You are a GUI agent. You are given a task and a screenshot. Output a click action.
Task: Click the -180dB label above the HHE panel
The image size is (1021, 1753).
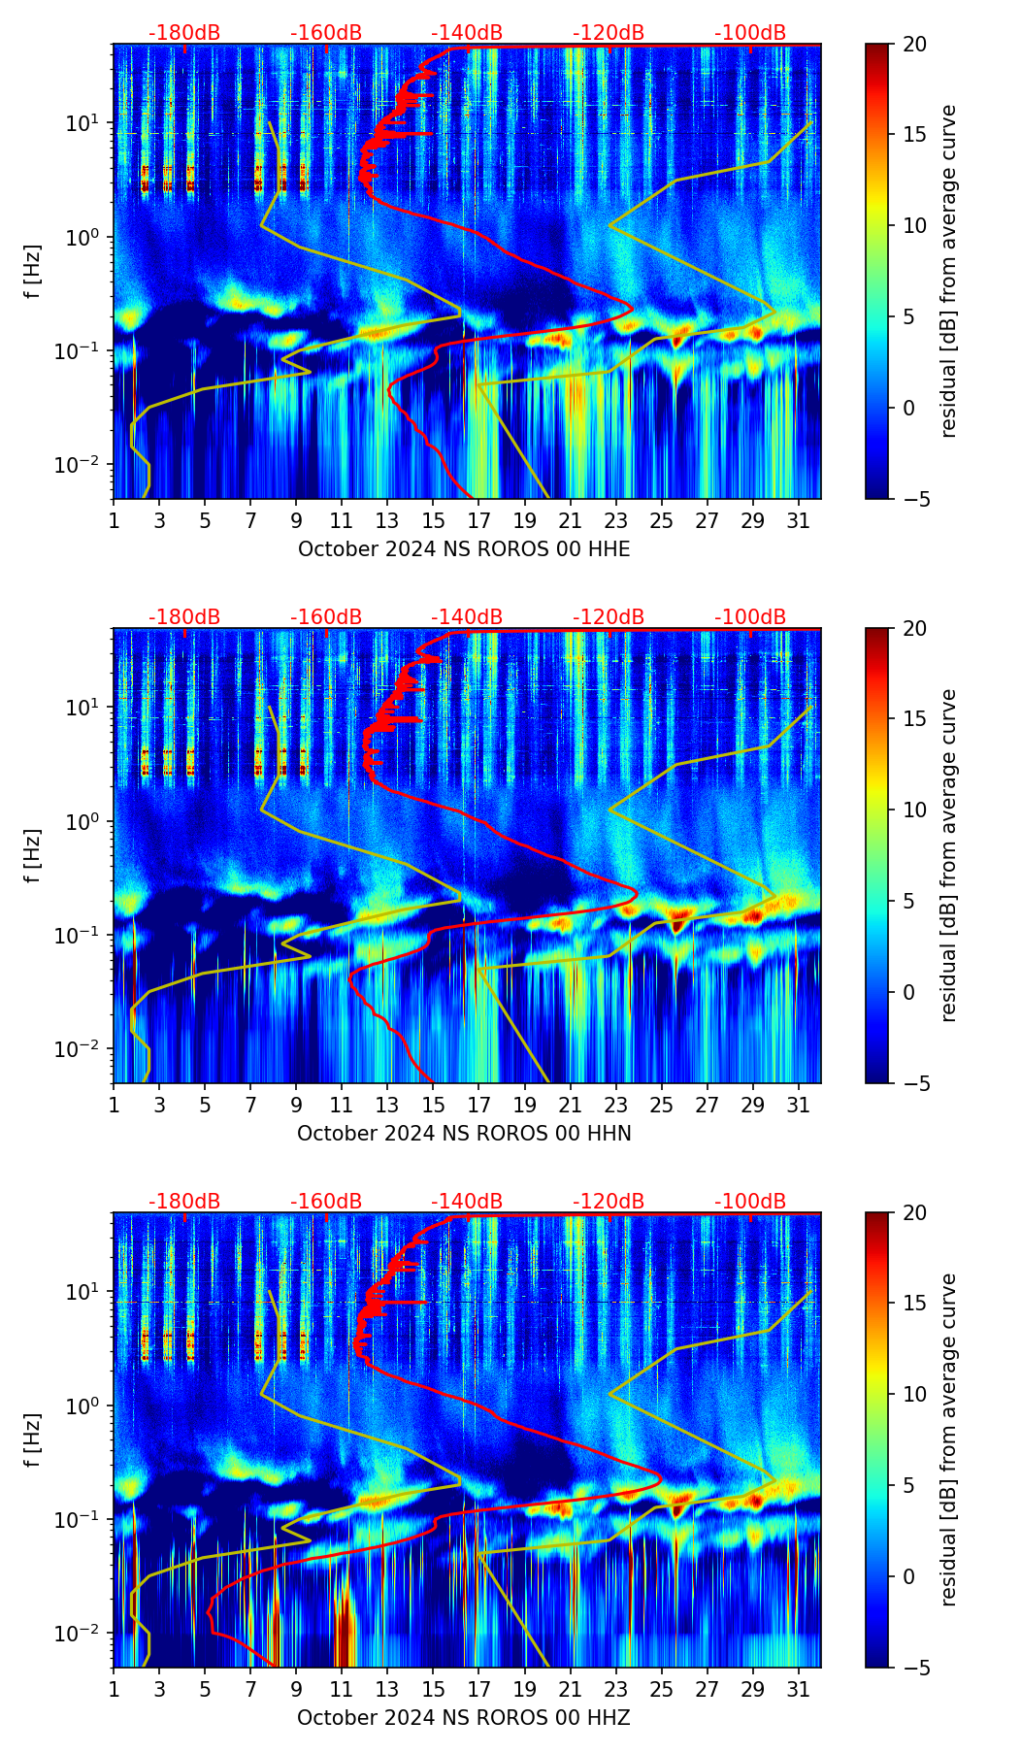pos(184,33)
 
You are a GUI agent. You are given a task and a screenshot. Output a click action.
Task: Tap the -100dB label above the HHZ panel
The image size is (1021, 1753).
pos(750,1202)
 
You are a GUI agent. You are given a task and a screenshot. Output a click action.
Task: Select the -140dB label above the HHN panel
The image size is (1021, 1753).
pos(467,617)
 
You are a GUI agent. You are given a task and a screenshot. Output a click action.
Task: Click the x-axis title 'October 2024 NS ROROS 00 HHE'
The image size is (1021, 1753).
pos(464,549)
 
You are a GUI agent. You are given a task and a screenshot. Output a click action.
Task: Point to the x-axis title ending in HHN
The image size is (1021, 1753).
pos(464,1134)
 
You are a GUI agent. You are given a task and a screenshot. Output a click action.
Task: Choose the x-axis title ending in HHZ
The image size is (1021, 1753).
pos(464,1718)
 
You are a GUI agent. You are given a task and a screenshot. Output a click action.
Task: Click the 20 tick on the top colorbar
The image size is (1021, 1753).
pos(914,45)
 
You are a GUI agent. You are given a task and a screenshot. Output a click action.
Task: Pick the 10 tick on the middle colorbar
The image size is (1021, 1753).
pos(914,810)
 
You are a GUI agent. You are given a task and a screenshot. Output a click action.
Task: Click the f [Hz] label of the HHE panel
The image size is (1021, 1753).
pos(32,272)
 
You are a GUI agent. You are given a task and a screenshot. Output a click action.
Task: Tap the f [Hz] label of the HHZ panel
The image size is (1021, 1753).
pos(32,1440)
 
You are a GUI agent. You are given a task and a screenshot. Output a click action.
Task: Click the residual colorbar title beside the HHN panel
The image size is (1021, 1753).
pos(948,855)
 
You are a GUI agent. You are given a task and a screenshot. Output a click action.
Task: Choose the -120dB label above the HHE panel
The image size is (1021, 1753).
pos(609,33)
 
